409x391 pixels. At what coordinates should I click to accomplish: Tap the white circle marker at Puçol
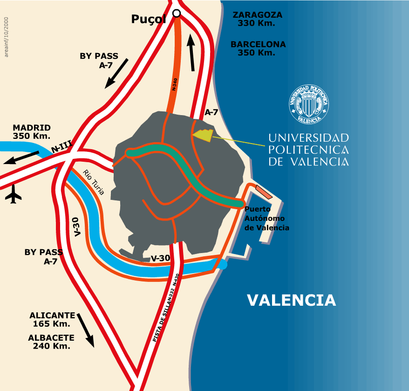click(177, 14)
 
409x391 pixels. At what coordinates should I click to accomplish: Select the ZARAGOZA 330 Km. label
click(257, 18)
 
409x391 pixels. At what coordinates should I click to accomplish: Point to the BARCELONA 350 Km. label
click(258, 48)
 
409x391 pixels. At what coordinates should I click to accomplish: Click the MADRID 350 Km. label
click(32, 132)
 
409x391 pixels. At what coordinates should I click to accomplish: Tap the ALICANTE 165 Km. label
click(52, 319)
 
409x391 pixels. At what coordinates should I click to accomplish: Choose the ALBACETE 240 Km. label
click(51, 342)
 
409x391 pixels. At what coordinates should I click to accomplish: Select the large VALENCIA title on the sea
click(291, 300)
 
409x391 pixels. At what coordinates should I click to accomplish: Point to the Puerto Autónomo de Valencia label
click(267, 219)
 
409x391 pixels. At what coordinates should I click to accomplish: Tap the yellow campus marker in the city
click(203, 135)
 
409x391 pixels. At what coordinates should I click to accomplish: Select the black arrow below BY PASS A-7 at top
click(116, 73)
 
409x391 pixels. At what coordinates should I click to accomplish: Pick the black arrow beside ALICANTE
click(86, 330)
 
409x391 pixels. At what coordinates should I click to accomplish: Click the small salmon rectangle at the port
click(264, 192)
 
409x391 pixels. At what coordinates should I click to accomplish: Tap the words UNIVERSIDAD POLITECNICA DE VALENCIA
click(308, 150)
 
